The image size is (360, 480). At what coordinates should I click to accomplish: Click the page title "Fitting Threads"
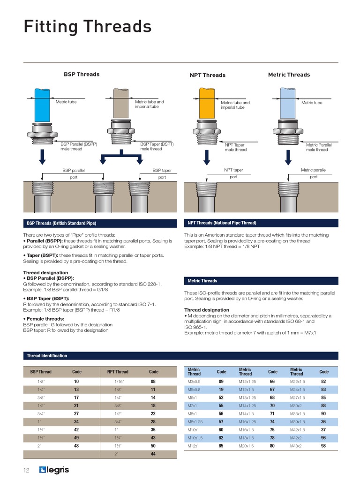[x=88, y=27]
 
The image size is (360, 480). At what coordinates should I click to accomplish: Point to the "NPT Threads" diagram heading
[x=207, y=75]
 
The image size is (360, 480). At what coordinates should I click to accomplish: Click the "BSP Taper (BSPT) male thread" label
[x=157, y=146]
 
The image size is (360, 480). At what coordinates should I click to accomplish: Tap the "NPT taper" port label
[x=233, y=170]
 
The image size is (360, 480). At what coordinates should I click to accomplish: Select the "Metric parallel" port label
[x=314, y=170]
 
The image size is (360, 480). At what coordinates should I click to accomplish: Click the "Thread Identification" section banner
[x=47, y=356]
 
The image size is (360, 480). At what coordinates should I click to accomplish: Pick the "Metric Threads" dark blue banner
[x=202, y=281]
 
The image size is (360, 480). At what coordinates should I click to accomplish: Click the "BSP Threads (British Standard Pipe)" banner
[x=61, y=223]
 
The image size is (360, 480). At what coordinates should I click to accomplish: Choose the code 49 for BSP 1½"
[x=76, y=437]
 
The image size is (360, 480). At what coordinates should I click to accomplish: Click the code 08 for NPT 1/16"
[x=153, y=382]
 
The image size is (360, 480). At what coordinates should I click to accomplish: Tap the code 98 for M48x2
[x=323, y=446]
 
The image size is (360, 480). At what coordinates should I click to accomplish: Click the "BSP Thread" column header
[x=41, y=372]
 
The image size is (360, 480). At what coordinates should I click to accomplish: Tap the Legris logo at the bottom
[x=54, y=470]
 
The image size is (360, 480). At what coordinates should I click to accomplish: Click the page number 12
[x=27, y=470]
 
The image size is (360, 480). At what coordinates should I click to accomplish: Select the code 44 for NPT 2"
[x=153, y=454]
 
